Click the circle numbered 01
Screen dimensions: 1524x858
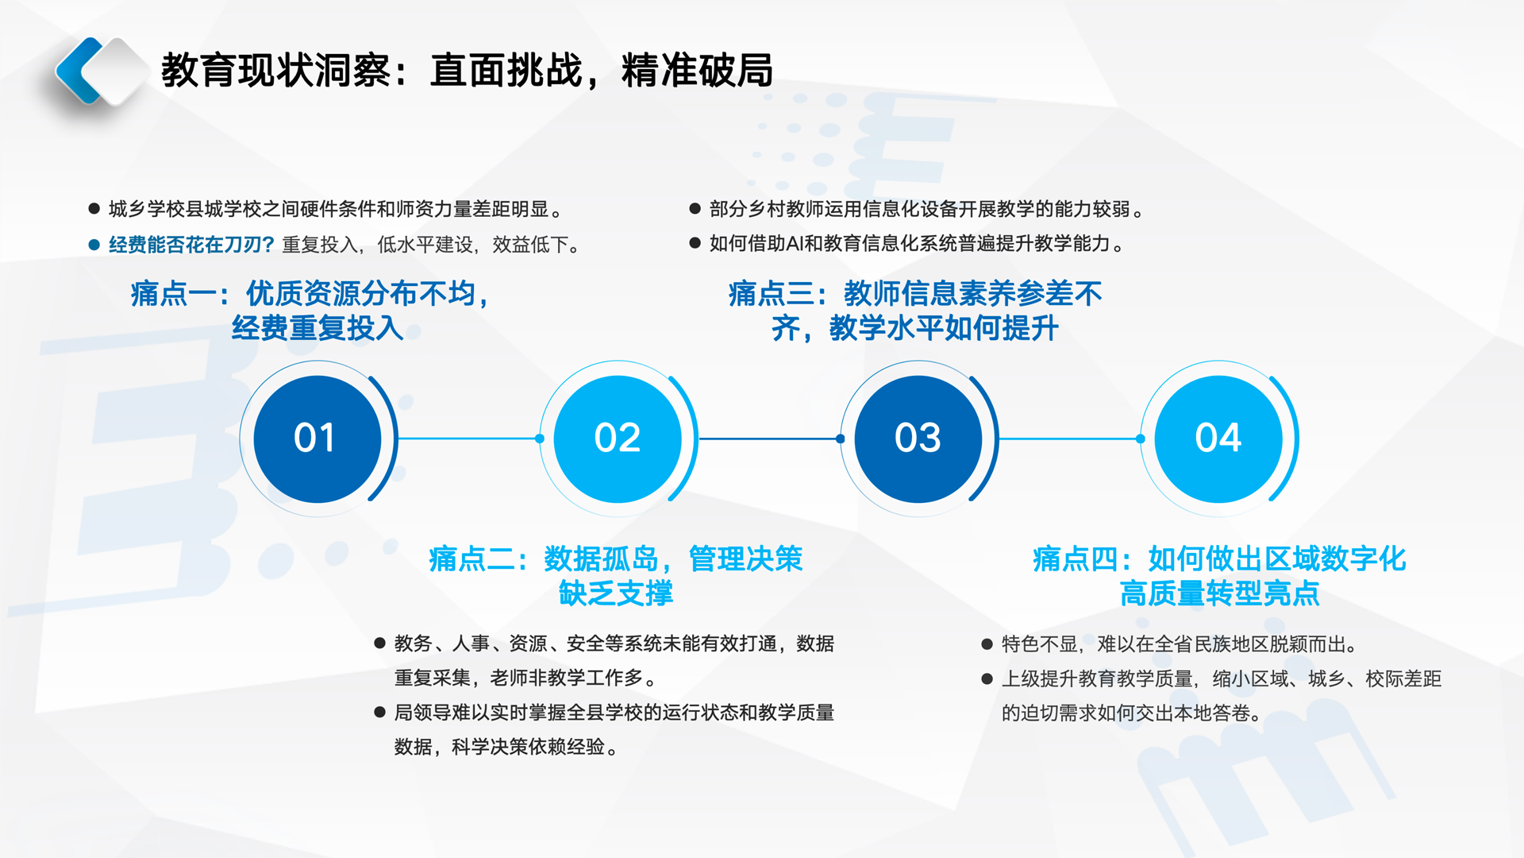(x=317, y=439)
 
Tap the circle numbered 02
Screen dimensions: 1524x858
(x=618, y=439)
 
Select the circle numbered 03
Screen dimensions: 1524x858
(x=918, y=439)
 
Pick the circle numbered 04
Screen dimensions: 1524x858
(x=1218, y=439)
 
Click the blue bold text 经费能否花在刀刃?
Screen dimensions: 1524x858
(x=191, y=245)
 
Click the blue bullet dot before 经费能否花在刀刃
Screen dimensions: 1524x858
(x=94, y=245)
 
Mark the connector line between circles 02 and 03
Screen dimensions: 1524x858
(x=769, y=439)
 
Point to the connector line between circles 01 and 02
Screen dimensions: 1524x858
(x=469, y=439)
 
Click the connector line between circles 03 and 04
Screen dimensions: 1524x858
(x=1070, y=439)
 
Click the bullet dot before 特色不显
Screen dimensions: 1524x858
(x=987, y=644)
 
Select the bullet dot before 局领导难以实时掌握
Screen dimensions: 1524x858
(x=380, y=713)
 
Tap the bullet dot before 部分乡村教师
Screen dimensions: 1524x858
(x=695, y=209)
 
